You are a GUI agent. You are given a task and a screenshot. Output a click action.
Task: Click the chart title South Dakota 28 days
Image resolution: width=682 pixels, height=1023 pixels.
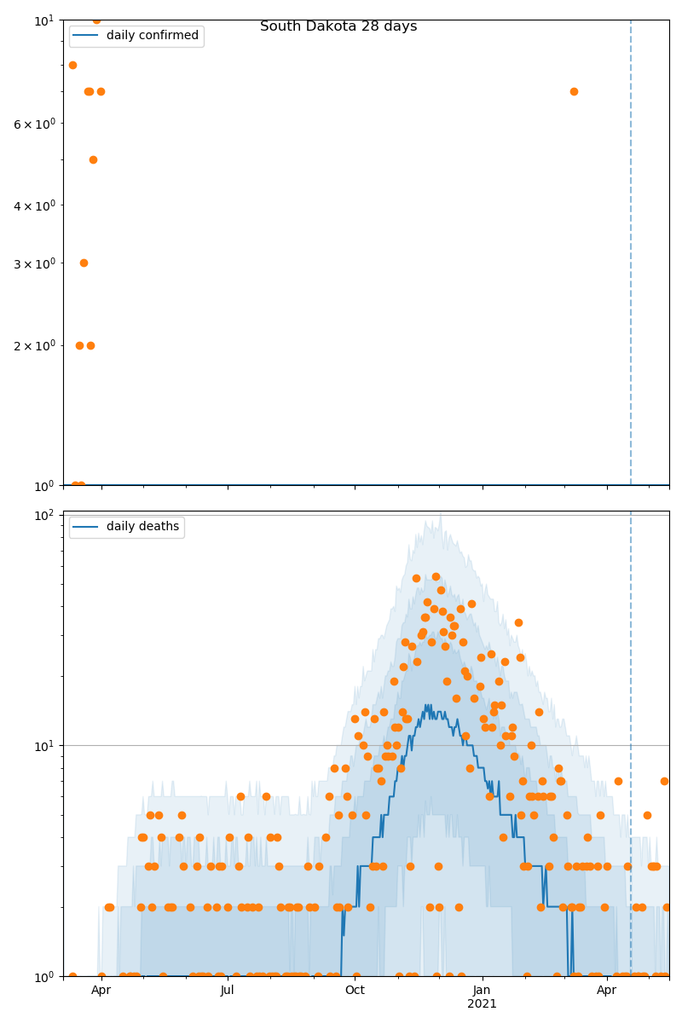(338, 26)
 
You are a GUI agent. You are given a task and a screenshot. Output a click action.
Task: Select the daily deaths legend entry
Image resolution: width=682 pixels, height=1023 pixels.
(142, 527)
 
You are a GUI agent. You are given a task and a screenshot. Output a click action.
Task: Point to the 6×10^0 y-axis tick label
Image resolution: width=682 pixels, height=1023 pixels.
(35, 124)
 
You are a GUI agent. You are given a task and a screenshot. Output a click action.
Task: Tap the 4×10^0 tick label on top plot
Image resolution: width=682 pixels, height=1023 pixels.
(35, 205)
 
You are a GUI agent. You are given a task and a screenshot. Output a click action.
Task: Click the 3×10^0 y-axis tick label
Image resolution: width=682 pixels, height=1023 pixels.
(35, 263)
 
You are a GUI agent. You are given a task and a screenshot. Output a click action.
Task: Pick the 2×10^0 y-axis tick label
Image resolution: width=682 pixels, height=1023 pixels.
(35, 345)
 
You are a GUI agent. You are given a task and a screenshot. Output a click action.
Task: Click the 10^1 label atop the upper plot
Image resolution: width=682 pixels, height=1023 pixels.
(43, 20)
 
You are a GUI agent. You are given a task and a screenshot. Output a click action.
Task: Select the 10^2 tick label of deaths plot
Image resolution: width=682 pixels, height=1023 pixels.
(43, 515)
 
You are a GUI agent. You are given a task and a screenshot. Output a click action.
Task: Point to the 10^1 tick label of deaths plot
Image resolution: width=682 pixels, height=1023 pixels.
(43, 746)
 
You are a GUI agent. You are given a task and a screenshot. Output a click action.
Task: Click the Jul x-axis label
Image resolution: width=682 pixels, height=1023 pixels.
(228, 991)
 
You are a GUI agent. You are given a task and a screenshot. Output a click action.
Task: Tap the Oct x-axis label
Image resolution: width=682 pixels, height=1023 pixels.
(355, 991)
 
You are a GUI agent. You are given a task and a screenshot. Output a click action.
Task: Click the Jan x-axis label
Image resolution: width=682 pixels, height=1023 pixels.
(482, 991)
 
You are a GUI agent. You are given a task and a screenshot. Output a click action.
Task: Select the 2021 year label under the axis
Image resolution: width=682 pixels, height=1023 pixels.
(482, 1004)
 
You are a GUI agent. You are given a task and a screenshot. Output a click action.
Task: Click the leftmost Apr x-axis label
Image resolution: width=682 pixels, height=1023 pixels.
(101, 991)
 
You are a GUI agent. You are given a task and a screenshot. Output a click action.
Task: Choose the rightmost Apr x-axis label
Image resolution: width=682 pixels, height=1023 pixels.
(607, 991)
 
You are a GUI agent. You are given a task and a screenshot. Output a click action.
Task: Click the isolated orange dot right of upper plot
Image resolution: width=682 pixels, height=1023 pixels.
(574, 91)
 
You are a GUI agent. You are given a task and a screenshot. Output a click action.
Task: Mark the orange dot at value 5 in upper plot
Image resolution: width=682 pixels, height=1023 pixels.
(93, 159)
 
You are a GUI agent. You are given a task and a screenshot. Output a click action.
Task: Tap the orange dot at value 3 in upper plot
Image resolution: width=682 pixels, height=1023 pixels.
(84, 263)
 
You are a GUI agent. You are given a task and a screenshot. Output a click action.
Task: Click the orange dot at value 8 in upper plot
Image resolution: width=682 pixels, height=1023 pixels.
(72, 65)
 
